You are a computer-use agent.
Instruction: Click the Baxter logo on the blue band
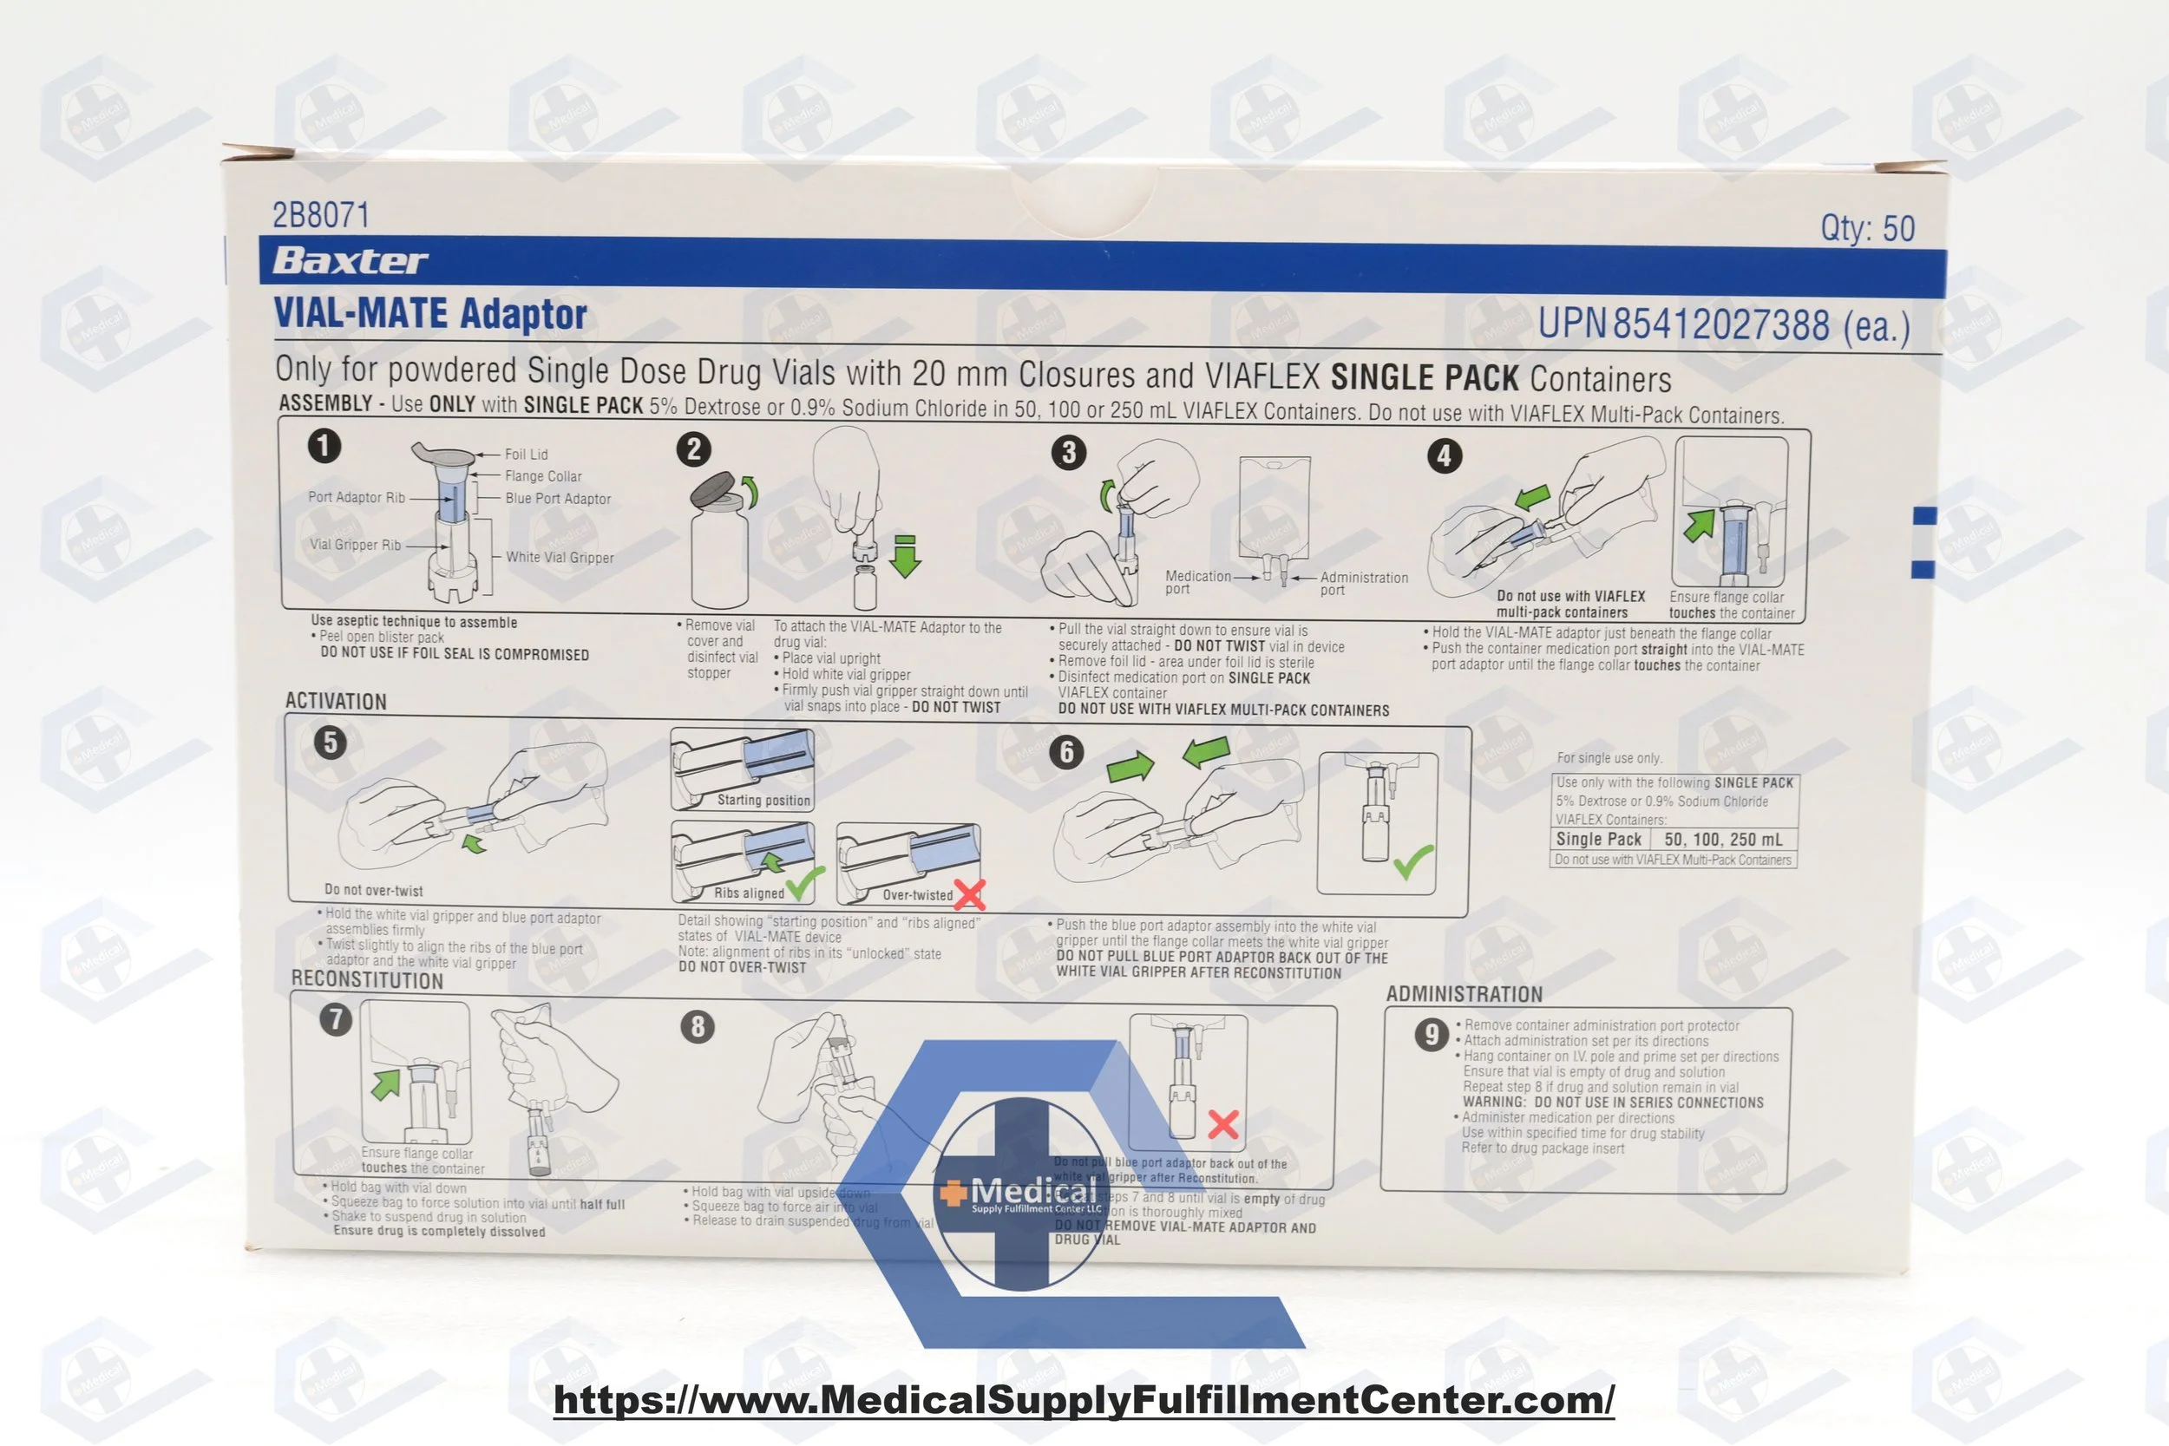point(350,261)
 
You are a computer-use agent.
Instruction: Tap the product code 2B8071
point(320,215)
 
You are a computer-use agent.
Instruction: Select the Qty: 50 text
point(1867,228)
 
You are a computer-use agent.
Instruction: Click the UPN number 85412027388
point(1720,324)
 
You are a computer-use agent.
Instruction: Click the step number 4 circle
point(1445,455)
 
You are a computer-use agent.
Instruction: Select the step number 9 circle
point(1431,1035)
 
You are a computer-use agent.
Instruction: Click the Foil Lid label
point(526,455)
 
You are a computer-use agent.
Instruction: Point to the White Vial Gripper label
point(559,558)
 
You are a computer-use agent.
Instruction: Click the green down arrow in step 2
point(906,556)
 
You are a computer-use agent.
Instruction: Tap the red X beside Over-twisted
point(969,893)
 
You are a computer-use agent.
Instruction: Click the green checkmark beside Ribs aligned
point(804,883)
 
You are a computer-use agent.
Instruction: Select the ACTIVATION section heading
point(336,702)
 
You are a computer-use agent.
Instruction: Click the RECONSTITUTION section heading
point(367,980)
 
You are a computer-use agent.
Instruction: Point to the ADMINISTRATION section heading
point(1464,994)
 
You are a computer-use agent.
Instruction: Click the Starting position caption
point(763,801)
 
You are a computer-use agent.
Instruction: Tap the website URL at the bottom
point(1084,1400)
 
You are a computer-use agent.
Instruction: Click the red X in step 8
point(1222,1124)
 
